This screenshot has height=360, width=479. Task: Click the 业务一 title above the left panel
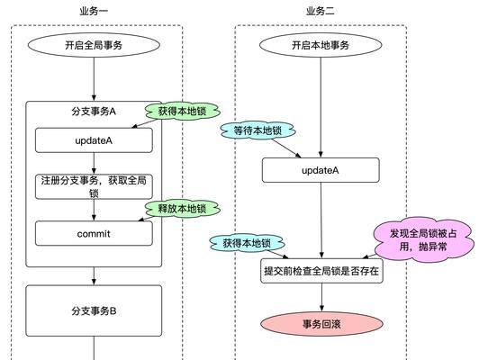coord(94,12)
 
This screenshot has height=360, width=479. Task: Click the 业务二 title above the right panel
coord(321,12)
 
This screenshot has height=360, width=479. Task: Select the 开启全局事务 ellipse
coord(94,45)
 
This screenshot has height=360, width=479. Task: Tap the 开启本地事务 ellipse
coord(321,45)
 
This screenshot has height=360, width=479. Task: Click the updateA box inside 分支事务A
coord(94,140)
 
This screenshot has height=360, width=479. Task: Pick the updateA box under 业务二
coord(321,170)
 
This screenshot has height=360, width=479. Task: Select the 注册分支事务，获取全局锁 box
coord(94,187)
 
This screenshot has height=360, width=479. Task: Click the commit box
coord(94,233)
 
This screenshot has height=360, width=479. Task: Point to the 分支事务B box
coord(94,310)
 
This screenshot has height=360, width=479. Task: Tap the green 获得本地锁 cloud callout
coord(183,111)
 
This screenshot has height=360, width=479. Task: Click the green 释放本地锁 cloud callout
coord(183,209)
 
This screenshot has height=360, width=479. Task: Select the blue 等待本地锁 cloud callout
coord(258,130)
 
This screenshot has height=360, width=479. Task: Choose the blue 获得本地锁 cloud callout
coord(247,243)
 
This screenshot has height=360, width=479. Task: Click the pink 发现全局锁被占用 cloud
coord(424,240)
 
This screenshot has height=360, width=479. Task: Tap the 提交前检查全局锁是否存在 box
coord(321,271)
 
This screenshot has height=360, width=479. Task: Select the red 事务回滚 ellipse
coord(321,324)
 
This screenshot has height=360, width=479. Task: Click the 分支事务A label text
coord(94,112)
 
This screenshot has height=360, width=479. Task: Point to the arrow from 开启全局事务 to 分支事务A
coord(94,79)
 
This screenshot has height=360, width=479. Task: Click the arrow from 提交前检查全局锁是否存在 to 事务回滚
coord(321,297)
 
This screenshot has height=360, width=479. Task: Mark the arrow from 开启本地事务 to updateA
coord(321,107)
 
